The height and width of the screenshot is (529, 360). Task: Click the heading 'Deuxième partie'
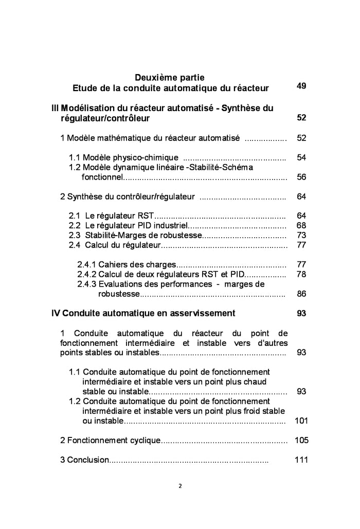(x=169, y=78)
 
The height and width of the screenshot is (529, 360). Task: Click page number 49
(x=301, y=86)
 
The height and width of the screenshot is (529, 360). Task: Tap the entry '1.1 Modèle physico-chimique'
(x=124, y=157)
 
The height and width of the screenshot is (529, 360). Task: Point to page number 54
(x=301, y=157)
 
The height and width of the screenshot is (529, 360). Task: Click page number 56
(x=301, y=177)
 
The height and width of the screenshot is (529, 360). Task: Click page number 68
(x=301, y=225)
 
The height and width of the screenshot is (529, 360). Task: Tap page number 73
(x=301, y=235)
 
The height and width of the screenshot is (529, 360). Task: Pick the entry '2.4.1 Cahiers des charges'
(x=127, y=264)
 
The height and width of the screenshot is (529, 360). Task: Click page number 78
(x=301, y=274)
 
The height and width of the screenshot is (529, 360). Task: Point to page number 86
(x=301, y=294)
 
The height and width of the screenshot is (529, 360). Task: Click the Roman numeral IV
(x=56, y=313)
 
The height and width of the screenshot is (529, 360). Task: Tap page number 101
(x=301, y=421)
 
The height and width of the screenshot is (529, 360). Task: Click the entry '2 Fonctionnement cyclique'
(x=111, y=440)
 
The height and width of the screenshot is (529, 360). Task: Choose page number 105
(x=301, y=440)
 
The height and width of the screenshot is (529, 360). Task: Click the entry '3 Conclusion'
(x=84, y=460)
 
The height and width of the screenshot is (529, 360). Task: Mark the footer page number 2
(x=180, y=485)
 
